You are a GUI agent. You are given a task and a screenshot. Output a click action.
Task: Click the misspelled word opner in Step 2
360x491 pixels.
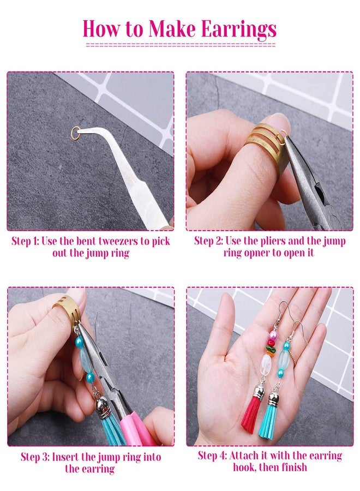[267, 253]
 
